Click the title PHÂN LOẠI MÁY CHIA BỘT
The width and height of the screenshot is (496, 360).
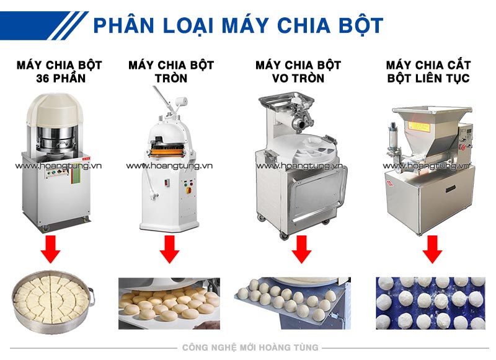238,25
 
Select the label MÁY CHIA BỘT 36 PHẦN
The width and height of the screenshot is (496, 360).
60,71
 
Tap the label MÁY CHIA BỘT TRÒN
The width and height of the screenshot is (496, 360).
171,71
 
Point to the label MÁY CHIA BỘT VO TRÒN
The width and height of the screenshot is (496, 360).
298,71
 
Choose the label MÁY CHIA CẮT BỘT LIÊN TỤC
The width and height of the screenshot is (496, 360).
428,71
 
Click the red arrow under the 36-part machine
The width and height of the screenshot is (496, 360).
51,251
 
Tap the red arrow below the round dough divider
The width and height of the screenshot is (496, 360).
169,251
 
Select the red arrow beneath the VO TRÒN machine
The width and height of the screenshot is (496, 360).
301,251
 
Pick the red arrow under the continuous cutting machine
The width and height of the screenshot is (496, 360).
432,251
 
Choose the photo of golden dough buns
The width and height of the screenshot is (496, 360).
169,303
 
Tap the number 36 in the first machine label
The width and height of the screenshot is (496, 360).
44,79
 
